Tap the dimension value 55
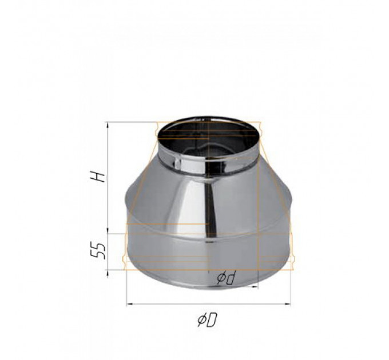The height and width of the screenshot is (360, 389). pos(101,251)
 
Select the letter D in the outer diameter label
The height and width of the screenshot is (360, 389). pos(212,320)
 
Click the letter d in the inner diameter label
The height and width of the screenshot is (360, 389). pos(230,278)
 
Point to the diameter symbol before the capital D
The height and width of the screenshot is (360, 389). pos(201,320)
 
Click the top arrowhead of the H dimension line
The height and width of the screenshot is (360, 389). pos(108,125)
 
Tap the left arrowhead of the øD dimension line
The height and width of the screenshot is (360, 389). pos(130,303)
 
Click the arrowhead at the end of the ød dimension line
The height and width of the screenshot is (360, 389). pos(255,287)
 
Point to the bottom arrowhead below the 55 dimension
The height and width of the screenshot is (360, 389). pos(108,273)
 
